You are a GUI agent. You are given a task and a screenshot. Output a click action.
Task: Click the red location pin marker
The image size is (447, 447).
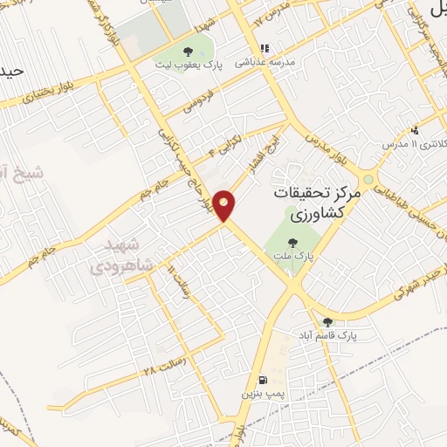[x=225, y=204]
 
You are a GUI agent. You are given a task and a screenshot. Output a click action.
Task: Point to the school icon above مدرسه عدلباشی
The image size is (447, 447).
[x=263, y=50]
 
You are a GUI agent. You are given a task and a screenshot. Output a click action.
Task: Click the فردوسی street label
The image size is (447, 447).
[x=203, y=102]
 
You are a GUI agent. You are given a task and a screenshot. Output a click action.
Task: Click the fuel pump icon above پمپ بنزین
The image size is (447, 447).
[x=263, y=380]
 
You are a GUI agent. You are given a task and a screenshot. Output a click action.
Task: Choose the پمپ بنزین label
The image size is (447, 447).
[x=263, y=395]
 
